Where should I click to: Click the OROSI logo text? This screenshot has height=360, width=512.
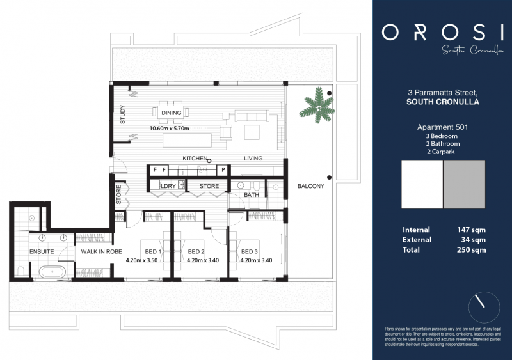(x=442, y=32)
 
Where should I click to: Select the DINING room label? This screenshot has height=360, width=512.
(x=172, y=113)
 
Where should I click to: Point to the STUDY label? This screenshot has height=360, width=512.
(x=123, y=114)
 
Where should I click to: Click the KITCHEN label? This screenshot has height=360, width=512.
(x=195, y=158)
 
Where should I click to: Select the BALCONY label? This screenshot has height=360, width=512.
(x=311, y=187)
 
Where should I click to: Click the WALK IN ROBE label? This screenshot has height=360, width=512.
(x=101, y=251)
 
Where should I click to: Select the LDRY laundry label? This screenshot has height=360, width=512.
(x=168, y=187)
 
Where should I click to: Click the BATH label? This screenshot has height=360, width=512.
(x=251, y=195)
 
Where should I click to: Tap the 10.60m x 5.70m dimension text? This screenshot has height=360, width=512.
(x=172, y=128)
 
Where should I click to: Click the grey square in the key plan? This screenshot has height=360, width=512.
(x=464, y=185)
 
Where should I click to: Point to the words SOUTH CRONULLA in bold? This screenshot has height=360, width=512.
(x=442, y=102)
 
